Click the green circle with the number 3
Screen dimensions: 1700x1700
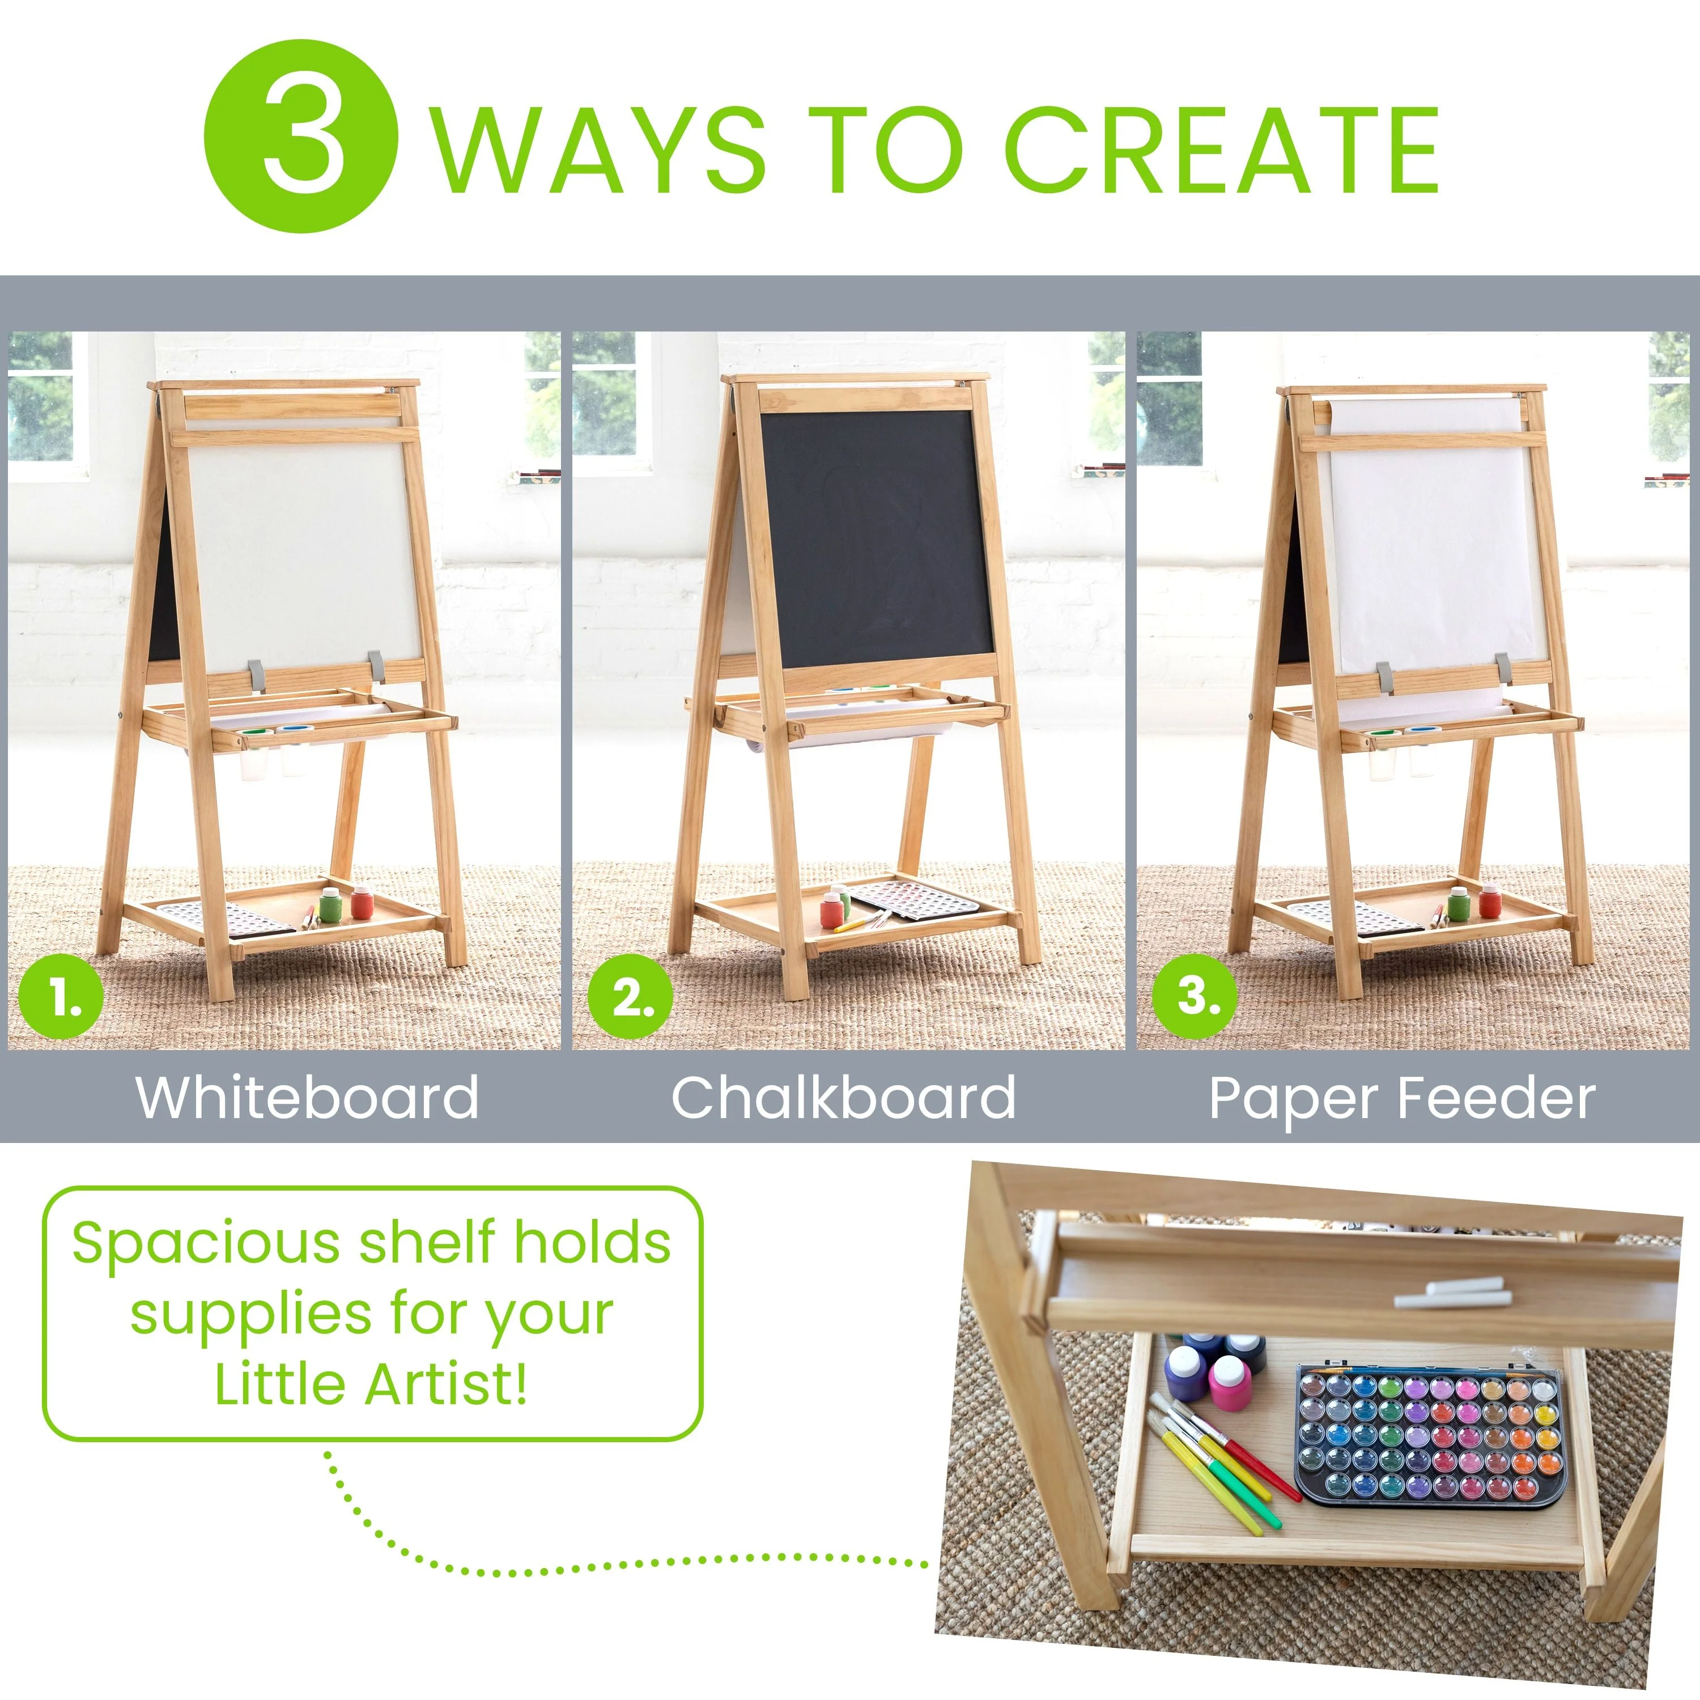[301, 137]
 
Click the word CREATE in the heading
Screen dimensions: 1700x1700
[1221, 150]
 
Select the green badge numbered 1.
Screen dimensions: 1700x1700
[62, 998]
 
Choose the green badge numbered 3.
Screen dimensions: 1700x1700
[1194, 996]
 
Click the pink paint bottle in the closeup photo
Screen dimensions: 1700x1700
[1229, 1382]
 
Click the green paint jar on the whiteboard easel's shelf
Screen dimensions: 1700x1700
[330, 904]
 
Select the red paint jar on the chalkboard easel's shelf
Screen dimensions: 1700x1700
[831, 911]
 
